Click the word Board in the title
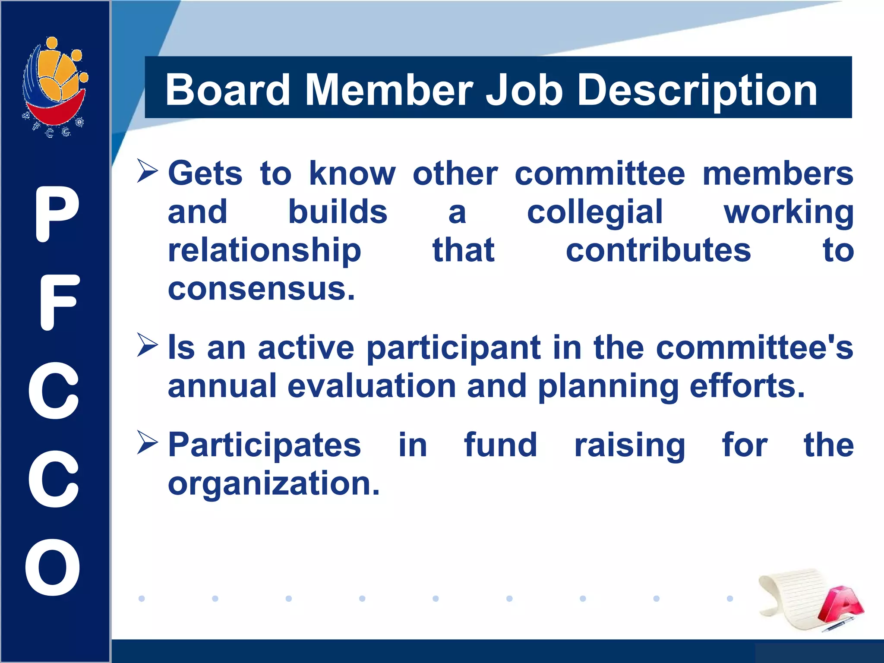(227, 90)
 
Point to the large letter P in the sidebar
(56, 214)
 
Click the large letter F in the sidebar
(58, 302)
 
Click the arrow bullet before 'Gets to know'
(147, 171)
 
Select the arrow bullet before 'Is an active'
(147, 345)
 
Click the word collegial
(595, 212)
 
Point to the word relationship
(264, 251)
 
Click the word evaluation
(372, 385)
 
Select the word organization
(274, 483)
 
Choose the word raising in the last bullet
(629, 445)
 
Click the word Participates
(264, 445)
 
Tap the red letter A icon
(840, 603)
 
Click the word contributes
(658, 250)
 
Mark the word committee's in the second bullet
(754, 347)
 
